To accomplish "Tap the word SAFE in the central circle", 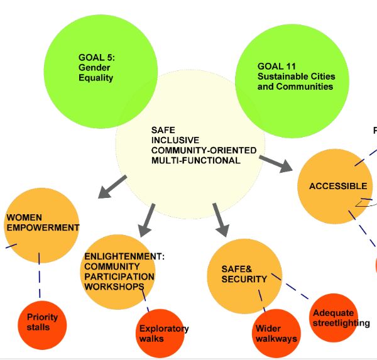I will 159,130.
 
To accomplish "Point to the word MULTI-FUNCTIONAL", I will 195,161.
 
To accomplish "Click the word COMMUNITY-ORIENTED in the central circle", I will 204,151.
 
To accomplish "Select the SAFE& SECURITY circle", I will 245,275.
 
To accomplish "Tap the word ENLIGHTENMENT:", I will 124,256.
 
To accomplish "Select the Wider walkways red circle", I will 276,334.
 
